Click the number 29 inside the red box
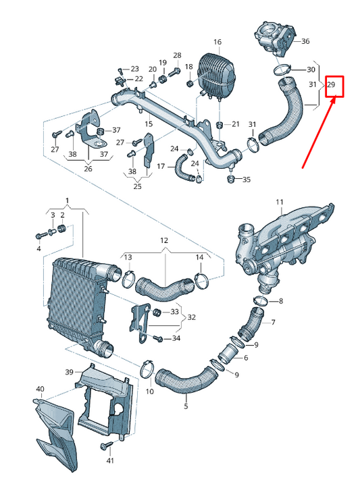click(332, 85)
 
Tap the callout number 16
click(217, 42)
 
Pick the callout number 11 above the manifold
click(279, 202)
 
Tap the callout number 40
click(40, 389)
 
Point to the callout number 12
click(163, 240)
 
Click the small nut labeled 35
click(232, 179)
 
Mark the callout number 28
click(177, 55)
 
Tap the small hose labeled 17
click(181, 167)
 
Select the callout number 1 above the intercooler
click(67, 200)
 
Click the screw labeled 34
click(159, 338)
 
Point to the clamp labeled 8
click(261, 300)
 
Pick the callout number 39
click(69, 372)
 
